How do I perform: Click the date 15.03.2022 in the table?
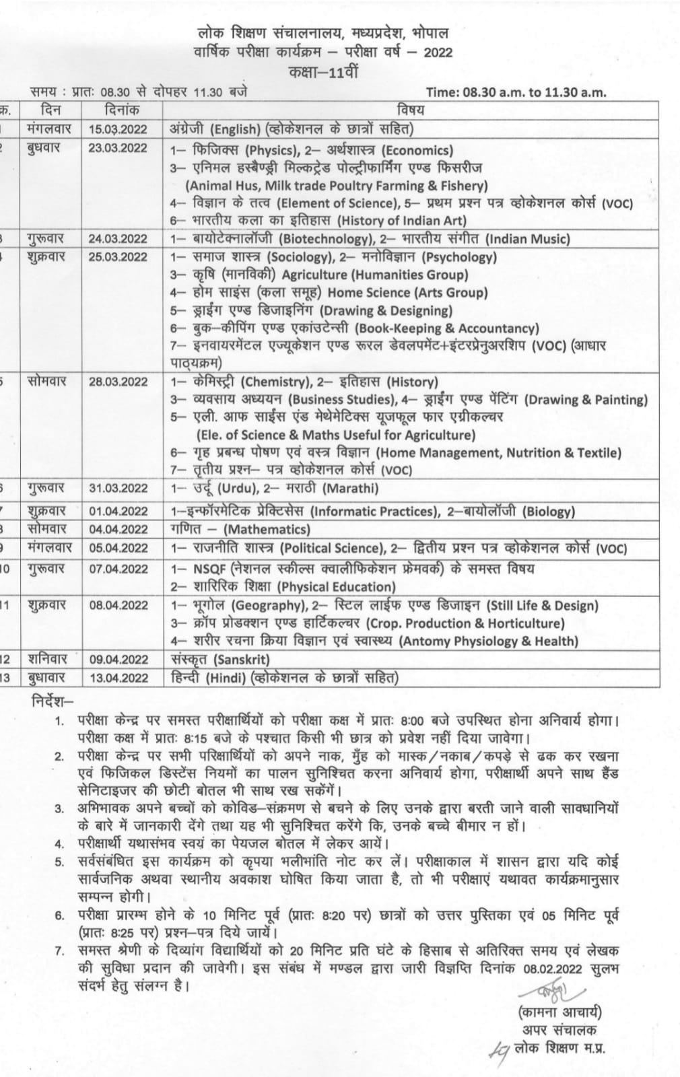tap(117, 129)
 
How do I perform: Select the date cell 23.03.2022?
tap(117, 148)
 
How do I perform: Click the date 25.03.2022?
tap(117, 257)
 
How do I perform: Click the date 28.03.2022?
tap(117, 382)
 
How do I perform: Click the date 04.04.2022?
tap(117, 530)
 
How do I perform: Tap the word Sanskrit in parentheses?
tap(242, 660)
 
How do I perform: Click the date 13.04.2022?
tap(117, 678)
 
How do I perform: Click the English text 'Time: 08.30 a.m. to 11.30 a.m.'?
tap(516, 92)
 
